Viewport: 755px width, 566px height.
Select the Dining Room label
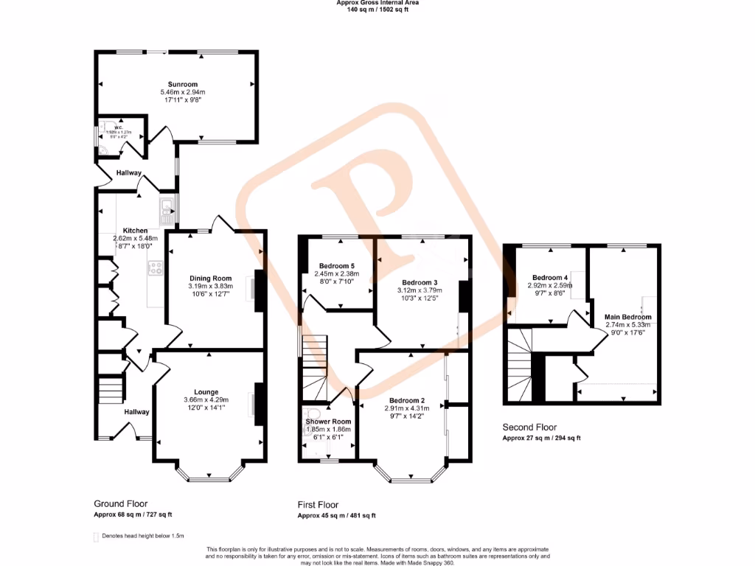pos(211,279)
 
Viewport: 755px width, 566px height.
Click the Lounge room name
pos(206,391)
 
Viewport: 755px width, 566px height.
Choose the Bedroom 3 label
pos(420,282)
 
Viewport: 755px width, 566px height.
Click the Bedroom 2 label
pos(403,400)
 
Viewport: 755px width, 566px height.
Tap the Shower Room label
pos(329,422)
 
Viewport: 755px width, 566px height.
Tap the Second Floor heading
pos(529,427)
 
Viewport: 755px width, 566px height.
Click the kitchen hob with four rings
pos(156,268)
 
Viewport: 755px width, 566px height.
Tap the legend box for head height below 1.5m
pos(96,536)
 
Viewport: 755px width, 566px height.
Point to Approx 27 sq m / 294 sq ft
pos(541,438)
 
